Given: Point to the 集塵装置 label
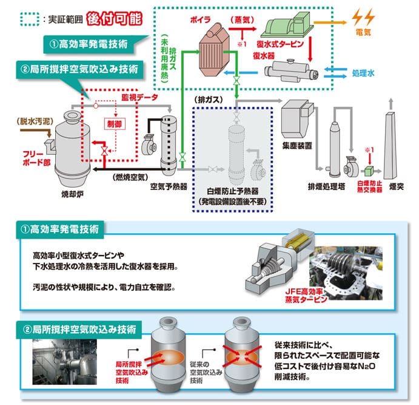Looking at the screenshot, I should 297,145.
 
